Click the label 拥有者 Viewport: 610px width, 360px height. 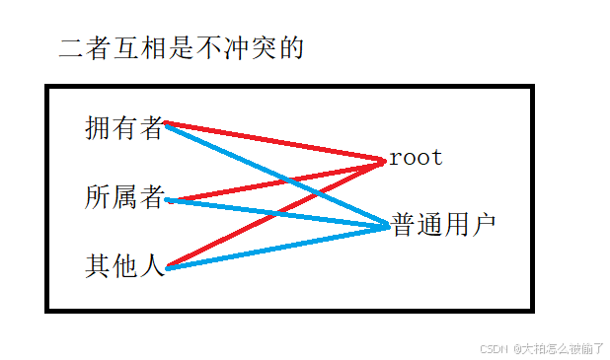(x=123, y=128)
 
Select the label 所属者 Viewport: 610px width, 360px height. (x=124, y=196)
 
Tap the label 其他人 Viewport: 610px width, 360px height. (x=124, y=266)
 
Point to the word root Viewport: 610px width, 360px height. (x=416, y=158)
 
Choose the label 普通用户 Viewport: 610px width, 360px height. (x=443, y=224)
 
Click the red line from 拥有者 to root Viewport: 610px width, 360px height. (x=274, y=142)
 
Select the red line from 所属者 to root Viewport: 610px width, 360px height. (x=277, y=181)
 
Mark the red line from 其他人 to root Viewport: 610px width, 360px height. (x=276, y=214)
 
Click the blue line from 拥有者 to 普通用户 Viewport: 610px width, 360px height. (x=277, y=176)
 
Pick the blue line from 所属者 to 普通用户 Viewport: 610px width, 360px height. (x=277, y=213)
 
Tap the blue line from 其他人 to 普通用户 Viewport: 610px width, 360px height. (x=277, y=248)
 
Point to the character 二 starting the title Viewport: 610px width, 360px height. (x=71, y=48)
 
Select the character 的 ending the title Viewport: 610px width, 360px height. (x=292, y=48)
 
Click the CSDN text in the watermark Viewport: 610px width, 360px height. (x=494, y=349)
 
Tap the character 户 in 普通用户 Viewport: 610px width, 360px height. (x=484, y=224)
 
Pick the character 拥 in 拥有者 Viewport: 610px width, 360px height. (x=97, y=128)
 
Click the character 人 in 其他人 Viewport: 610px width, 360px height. (x=152, y=266)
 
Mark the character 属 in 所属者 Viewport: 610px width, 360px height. (x=124, y=196)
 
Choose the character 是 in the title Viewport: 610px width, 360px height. (x=182, y=48)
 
